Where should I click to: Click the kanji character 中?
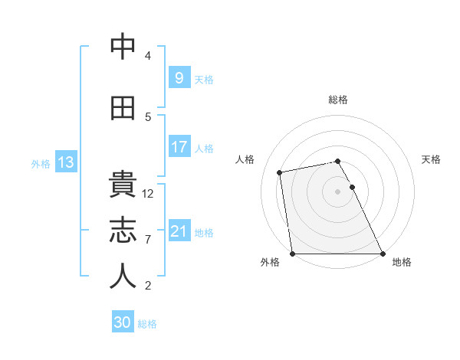coord(123,47)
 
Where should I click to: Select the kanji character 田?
coord(123,108)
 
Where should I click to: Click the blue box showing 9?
coord(179,78)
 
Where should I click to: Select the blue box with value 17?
coord(179,147)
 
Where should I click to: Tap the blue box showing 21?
coord(179,231)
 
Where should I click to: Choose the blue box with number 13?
coord(65,162)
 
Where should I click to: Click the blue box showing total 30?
coord(123,322)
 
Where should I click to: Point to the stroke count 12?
coord(148,194)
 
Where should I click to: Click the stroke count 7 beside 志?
coord(148,240)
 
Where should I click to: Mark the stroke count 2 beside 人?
coord(148,286)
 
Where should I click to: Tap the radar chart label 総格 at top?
coord(338,100)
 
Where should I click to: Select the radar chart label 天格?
coord(431,159)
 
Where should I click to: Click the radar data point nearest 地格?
coord(383,254)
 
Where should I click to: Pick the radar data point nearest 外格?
coord(292,254)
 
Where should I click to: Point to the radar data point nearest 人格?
coord(281,172)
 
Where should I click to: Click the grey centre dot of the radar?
coord(338,191)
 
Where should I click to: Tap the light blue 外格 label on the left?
coord(40,163)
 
